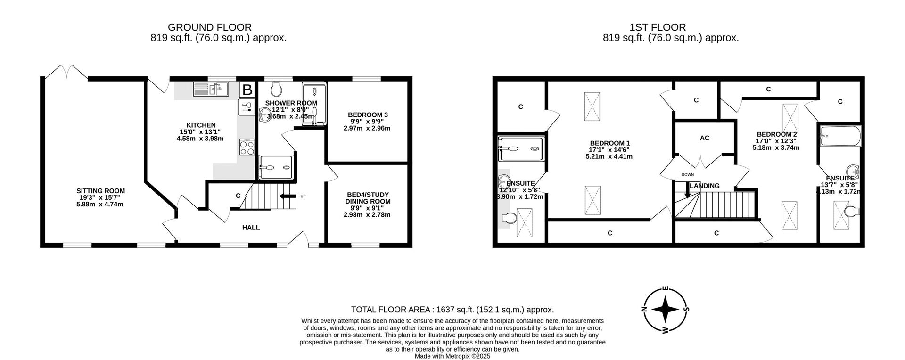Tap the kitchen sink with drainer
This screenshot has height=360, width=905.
211,89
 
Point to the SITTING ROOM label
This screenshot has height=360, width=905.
101,191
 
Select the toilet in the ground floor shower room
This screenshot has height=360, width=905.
277,88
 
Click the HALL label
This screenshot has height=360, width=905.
251,228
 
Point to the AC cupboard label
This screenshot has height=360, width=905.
705,138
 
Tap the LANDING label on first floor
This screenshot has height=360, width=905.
705,186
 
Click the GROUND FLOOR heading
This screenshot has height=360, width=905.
210,27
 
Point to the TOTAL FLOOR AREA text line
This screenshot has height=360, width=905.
452,310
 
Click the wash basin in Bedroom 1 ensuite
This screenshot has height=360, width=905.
504,180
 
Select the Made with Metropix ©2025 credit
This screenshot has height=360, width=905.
452,356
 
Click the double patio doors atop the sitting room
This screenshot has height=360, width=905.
66,72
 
